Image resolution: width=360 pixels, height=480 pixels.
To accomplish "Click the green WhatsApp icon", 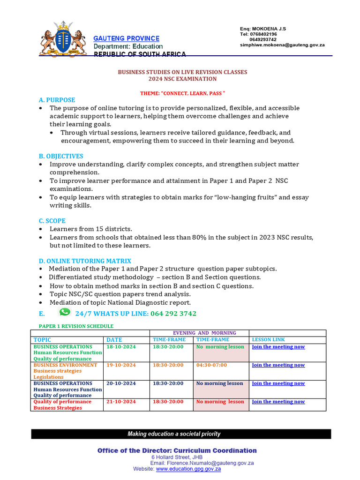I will pos(65,312).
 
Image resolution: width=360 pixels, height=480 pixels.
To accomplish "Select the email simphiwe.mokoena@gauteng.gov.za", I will pos(282,45).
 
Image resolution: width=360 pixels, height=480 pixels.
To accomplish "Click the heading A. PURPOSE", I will pos(57,100).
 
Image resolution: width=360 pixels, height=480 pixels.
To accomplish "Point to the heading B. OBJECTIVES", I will pos(61,156).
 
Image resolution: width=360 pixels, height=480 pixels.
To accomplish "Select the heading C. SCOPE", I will pos(52,221).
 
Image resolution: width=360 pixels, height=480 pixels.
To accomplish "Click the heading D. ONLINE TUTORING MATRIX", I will pos(85,261).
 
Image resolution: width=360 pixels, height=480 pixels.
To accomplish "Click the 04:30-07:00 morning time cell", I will pos(211,365).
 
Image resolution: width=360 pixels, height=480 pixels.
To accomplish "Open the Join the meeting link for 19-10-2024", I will pos(278,365).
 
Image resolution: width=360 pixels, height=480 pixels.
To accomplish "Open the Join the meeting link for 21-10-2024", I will pos(278,402).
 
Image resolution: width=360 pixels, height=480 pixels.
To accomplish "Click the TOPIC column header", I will pos(42,340).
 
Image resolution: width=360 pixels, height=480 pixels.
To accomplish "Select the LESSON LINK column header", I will pos(268,339).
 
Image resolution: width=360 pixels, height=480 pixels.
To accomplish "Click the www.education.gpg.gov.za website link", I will pos(188,469).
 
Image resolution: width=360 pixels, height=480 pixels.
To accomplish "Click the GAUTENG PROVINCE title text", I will pos(127,38).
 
